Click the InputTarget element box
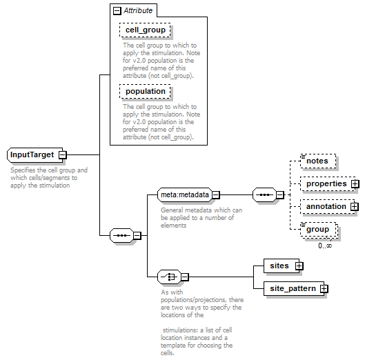click(35, 154)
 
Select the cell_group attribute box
click(145, 30)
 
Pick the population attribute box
click(145, 91)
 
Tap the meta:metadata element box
click(185, 194)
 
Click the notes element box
click(318, 161)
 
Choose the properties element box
click(328, 184)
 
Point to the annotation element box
click(328, 206)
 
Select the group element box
click(319, 230)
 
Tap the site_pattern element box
click(294, 288)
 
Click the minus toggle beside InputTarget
click(63, 154)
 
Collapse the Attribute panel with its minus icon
click(117, 11)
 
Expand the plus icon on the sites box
click(299, 266)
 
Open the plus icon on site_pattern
click(324, 288)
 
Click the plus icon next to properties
click(355, 184)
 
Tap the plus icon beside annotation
click(355, 206)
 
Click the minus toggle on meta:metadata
click(216, 194)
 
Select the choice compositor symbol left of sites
click(169, 277)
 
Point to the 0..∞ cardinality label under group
click(325, 246)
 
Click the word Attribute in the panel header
click(138, 10)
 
